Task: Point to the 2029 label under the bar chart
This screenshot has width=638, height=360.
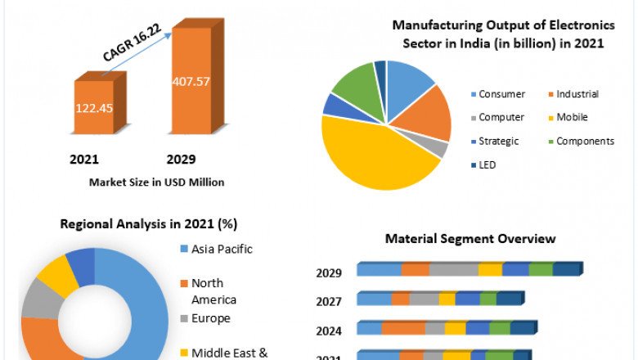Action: tap(181, 159)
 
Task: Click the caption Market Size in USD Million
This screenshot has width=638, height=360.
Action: tap(156, 182)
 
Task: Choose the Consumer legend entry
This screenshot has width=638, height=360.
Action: tap(501, 94)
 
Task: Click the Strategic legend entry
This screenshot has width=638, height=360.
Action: tap(498, 141)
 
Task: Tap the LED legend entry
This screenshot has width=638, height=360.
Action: tap(487, 164)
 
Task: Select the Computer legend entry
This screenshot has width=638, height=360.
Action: tap(501, 117)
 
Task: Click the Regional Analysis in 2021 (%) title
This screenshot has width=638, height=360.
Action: tap(149, 223)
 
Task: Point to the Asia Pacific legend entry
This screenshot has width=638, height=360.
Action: tap(222, 249)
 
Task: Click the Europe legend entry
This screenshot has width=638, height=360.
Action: tap(210, 317)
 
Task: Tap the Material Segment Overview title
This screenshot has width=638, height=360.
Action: tap(470, 239)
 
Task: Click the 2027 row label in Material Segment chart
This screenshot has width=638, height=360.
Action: tap(329, 301)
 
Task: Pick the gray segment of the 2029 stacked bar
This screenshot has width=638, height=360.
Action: tap(453, 269)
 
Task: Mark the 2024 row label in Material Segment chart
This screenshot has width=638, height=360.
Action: tap(329, 331)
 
